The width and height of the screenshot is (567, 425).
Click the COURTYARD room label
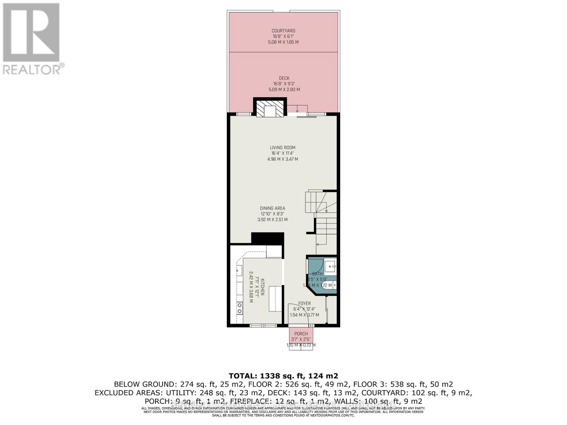pyautogui.click(x=283, y=31)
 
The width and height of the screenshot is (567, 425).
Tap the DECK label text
pyautogui.click(x=284, y=78)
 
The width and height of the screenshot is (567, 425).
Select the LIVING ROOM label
pyautogui.click(x=282, y=148)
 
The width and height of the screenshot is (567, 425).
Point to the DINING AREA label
pyautogui.click(x=272, y=208)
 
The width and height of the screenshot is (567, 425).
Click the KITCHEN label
pyautogui.click(x=263, y=287)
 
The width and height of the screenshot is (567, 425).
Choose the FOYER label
pyautogui.click(x=304, y=304)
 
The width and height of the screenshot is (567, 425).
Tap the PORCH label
pyautogui.click(x=301, y=334)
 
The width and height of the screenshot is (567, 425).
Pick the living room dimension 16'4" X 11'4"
pyautogui.click(x=282, y=153)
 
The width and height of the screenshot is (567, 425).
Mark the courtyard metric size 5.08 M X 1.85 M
pyautogui.click(x=283, y=42)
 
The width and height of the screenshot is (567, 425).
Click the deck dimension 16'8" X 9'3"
pyautogui.click(x=284, y=84)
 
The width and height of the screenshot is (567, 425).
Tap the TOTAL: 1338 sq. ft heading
pyautogui.click(x=283, y=376)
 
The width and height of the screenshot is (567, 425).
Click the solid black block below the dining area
pyautogui.click(x=268, y=238)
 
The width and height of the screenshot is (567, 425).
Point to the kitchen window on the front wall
pyautogui.click(x=264, y=325)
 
